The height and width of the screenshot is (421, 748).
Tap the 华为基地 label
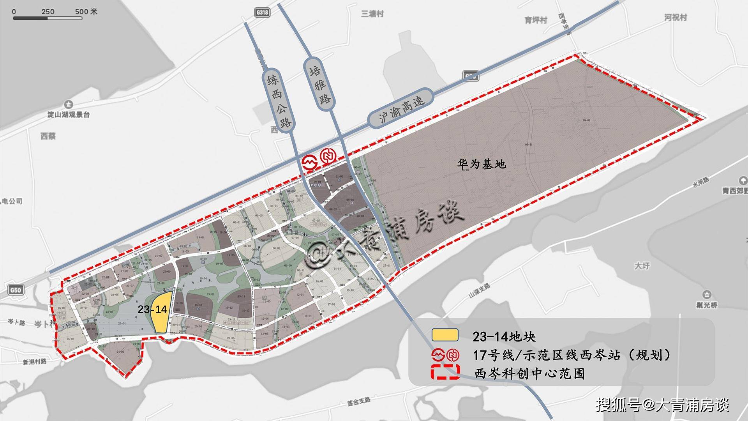pyautogui.click(x=482, y=164)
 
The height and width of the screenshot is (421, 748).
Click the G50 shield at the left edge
pyautogui.click(x=16, y=290)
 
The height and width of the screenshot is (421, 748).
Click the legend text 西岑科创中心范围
pyautogui.click(x=529, y=374)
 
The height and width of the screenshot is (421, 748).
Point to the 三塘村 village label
pyautogui.click(x=372, y=14)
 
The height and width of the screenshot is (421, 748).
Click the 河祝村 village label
pyautogui.click(x=676, y=18)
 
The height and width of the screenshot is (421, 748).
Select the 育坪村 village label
pyautogui.click(x=536, y=20)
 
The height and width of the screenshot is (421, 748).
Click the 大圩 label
pyautogui.click(x=642, y=266)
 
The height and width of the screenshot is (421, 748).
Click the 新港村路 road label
pyautogui.click(x=35, y=362)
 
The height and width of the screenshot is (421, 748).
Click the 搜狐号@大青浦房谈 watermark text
pyautogui.click(x=663, y=405)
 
